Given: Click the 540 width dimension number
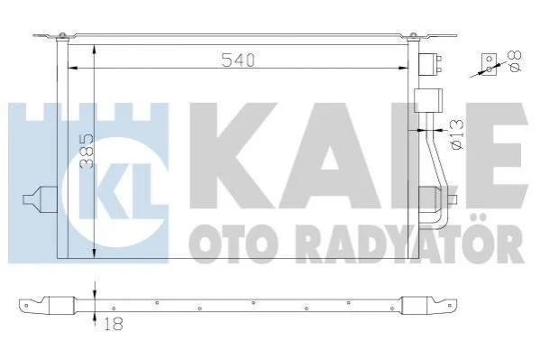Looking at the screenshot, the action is (238, 60).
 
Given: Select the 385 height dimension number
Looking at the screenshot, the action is (87, 152).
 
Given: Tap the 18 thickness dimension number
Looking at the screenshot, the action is (113, 324).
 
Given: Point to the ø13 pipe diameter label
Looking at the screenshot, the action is (457, 134).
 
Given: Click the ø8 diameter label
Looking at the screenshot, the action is (515, 61).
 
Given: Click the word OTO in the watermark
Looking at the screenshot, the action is (228, 244).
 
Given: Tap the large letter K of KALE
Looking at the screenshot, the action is (235, 155).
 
